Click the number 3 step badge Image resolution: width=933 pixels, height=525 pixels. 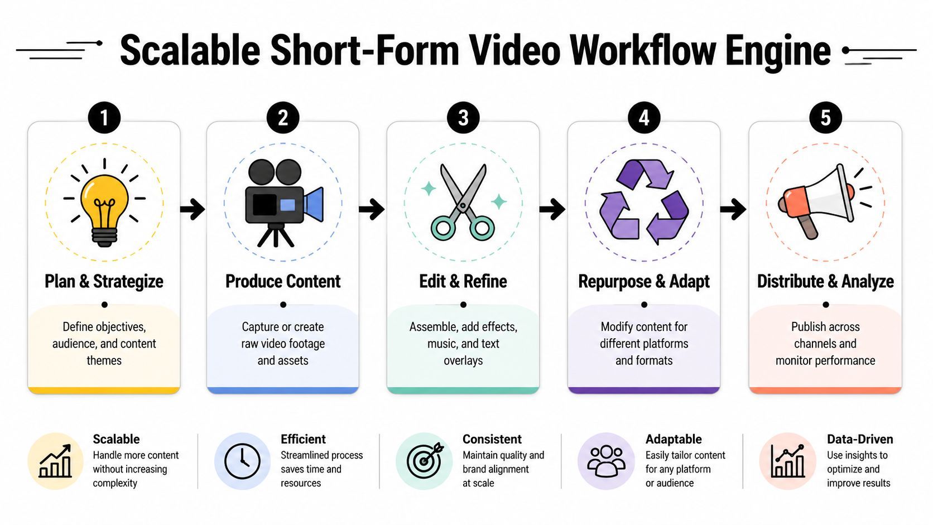pos(463,117)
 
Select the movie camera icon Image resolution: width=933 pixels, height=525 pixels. pos(283,203)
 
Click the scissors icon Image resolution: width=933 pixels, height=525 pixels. pos(463,203)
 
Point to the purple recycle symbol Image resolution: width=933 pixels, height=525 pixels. pos(644,202)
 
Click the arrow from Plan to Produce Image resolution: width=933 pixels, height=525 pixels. pos(193,209)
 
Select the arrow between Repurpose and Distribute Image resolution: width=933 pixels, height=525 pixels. pos(733,209)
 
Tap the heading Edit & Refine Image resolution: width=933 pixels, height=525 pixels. pos(463,281)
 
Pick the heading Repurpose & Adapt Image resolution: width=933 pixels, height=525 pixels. pos(644,282)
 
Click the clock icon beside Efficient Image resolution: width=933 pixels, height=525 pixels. pos(242,461)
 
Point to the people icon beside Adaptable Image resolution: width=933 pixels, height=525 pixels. pos(606,461)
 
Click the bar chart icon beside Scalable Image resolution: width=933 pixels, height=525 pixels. pos(55,461)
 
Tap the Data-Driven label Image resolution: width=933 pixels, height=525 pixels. pos(860,439)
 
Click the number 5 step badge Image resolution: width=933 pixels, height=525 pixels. pos(825,117)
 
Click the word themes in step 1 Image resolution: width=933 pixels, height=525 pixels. pos(104,360)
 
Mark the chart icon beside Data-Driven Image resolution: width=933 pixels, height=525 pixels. pos(787,461)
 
